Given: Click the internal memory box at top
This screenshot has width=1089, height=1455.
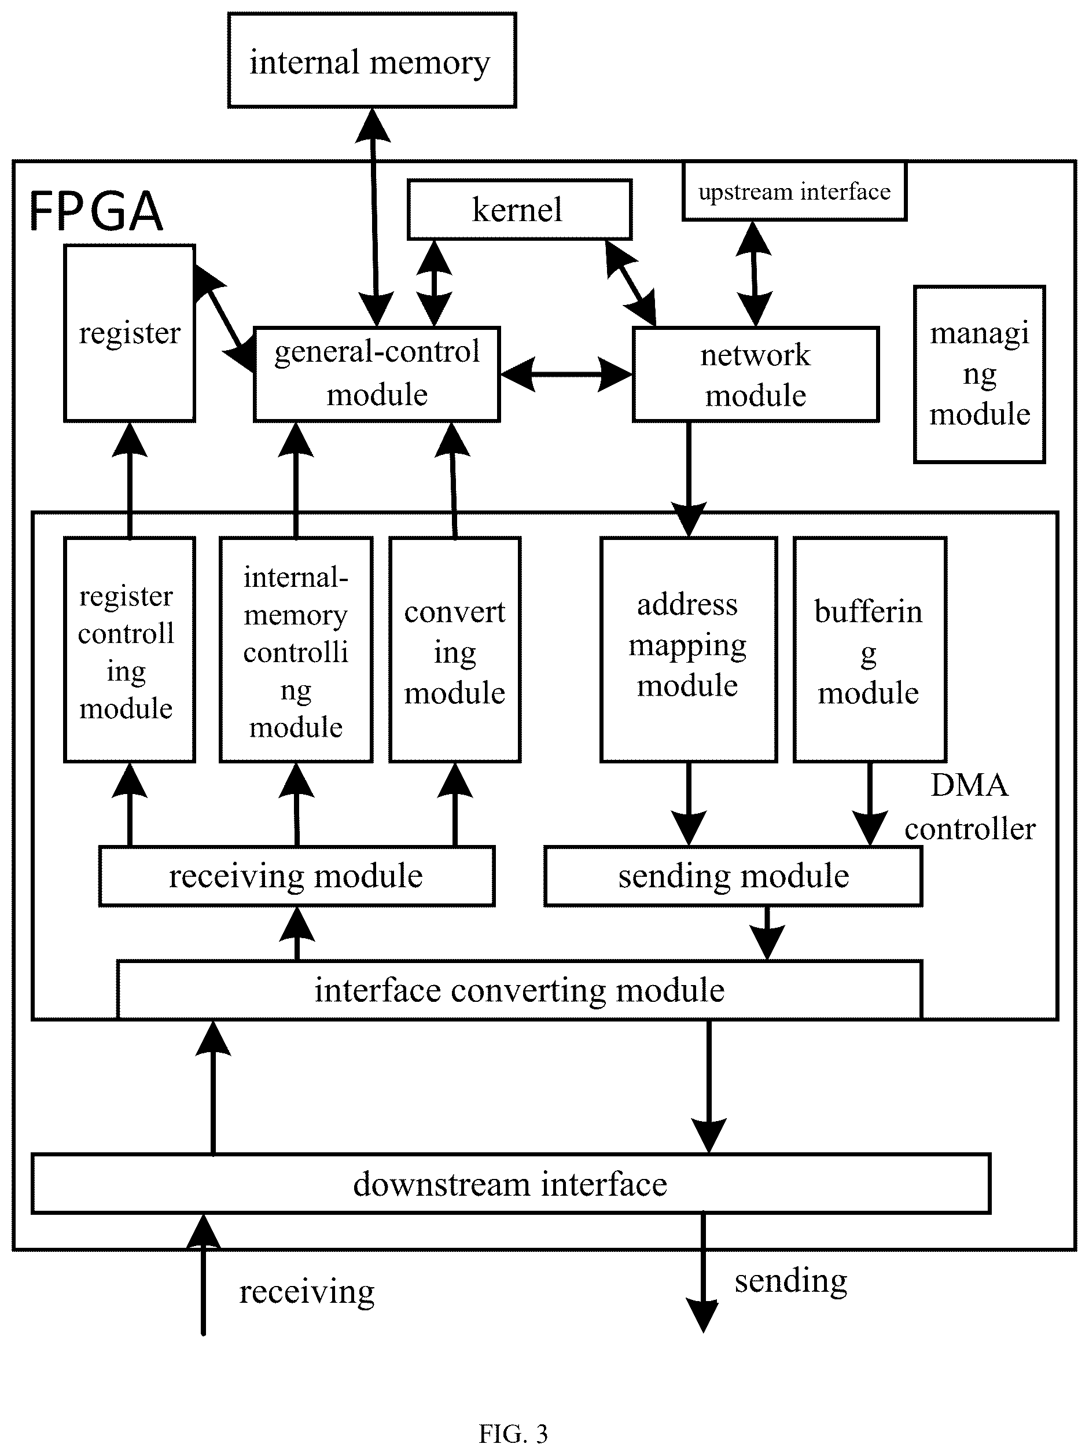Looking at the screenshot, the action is tap(372, 60).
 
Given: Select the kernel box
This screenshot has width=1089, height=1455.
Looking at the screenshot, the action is tap(520, 209).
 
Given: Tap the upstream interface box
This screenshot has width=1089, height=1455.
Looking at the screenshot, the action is tap(794, 191).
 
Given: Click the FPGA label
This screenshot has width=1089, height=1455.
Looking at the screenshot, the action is tap(96, 211).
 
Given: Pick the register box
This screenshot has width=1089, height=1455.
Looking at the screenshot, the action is tap(130, 333).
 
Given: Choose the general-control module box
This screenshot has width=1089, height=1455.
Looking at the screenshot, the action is tap(377, 374).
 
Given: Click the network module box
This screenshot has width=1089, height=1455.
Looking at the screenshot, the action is tap(756, 374).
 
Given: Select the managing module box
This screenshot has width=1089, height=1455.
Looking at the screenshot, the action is tap(979, 374).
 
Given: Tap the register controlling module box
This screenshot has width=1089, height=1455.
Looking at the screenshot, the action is tap(130, 650).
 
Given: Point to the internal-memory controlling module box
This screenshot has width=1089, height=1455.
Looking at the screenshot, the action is tap(296, 650).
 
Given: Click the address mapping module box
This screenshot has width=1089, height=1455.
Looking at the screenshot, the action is tap(689, 650).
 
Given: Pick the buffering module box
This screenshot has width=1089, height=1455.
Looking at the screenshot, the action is tap(870, 650).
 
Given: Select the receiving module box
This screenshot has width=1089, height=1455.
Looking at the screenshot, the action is tap(297, 876).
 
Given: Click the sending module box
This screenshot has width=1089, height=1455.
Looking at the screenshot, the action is tap(733, 876).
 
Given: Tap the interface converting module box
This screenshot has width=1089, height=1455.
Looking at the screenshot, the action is tap(520, 990).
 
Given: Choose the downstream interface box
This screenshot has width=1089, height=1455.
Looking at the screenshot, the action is tap(511, 1184).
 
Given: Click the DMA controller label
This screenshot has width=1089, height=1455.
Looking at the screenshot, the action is tap(970, 806).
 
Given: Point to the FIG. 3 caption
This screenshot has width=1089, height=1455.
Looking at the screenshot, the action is tap(513, 1432).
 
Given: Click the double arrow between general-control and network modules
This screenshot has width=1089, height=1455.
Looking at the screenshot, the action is tap(566, 374).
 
